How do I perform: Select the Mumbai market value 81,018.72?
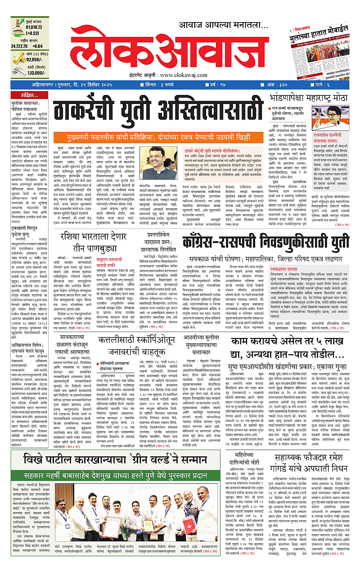[30, 27]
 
